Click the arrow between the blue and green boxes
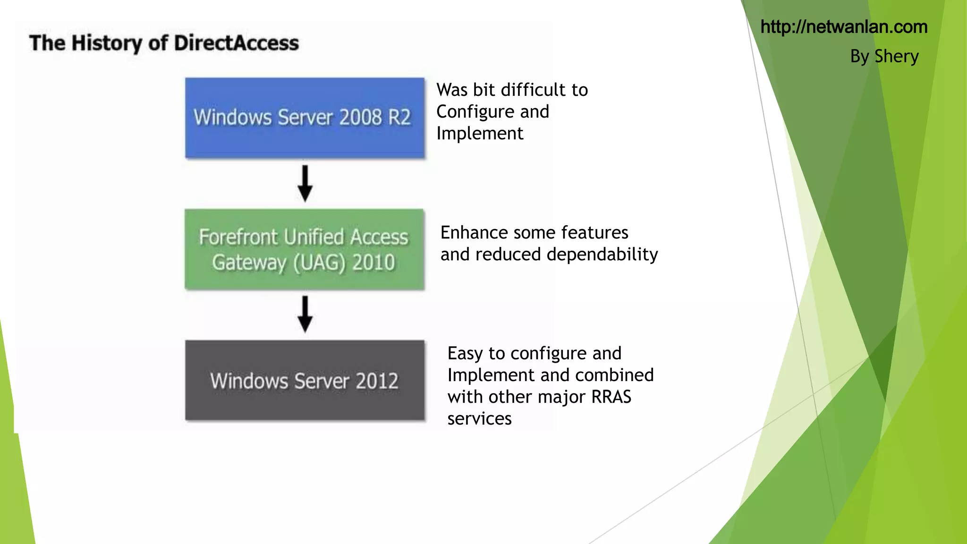point(305,184)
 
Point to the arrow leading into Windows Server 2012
point(305,314)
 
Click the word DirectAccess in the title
point(236,43)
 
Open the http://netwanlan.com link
point(844,27)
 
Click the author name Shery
point(896,56)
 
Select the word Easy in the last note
point(465,353)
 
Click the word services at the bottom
point(479,419)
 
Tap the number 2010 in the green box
point(373,263)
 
